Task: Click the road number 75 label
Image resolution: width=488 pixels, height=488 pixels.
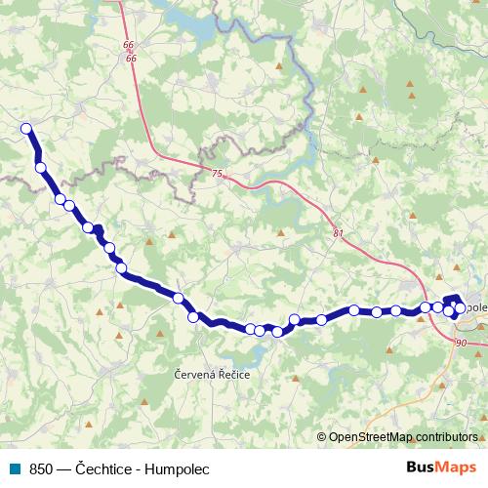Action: (x=216, y=173)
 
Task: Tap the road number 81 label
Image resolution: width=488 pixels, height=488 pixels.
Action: (x=338, y=233)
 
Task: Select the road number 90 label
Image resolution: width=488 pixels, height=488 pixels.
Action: (x=461, y=343)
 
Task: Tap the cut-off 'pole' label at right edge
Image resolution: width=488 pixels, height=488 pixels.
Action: (x=475, y=306)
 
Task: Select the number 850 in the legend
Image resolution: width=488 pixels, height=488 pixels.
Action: (x=40, y=468)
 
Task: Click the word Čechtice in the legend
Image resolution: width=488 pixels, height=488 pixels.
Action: (x=104, y=468)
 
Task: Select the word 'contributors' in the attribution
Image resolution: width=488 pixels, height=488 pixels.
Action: (x=448, y=436)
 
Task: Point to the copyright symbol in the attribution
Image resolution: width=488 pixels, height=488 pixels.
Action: (x=323, y=436)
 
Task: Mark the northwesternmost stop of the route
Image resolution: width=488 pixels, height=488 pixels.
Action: (x=26, y=128)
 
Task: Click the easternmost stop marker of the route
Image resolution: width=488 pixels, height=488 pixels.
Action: (x=461, y=308)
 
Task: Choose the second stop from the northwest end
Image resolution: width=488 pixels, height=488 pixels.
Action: (x=41, y=167)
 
